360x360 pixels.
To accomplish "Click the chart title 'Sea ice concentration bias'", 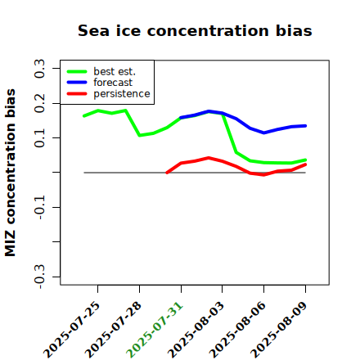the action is pos(195,30).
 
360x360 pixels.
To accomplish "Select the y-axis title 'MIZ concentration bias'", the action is pos(11,173).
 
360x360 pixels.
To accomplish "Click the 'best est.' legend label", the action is pos(115,71).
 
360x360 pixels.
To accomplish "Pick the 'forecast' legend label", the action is pos(113,83).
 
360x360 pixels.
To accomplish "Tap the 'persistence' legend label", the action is pos(122,94).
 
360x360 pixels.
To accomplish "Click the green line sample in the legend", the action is pos(77,71).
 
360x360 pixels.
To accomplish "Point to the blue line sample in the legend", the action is pos(77,83).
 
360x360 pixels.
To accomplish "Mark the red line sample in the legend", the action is pos(77,94).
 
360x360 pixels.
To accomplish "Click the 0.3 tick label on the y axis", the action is pos(39,68).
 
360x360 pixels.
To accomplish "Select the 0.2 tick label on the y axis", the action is pos(39,103).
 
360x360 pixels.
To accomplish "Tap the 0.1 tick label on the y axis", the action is pos(39,138).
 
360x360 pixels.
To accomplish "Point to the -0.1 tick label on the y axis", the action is pos(39,207).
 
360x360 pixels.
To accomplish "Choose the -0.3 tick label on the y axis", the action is pos(39,277).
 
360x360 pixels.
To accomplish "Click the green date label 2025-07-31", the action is pos(155,330).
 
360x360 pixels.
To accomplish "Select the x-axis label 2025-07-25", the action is pos(71,330).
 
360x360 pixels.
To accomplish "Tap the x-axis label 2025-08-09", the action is pos(279,330).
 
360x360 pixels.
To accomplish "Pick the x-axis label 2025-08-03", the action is pos(196,330).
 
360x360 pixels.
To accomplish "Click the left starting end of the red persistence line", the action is pos(167,173).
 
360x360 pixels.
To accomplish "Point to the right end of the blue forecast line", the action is pos(305,126).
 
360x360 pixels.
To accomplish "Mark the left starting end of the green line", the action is pos(83,116).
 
